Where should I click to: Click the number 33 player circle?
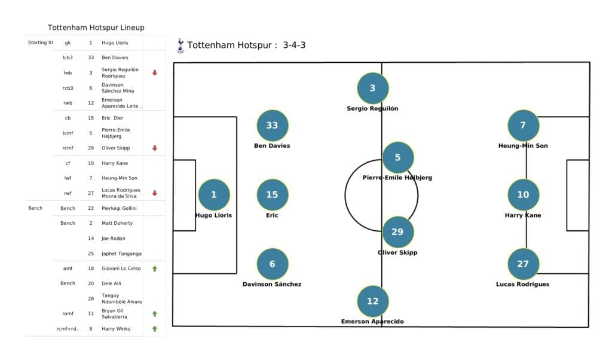tap(272, 126)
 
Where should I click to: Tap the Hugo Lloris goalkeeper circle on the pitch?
tap(213, 194)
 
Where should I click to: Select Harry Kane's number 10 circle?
tap(523, 194)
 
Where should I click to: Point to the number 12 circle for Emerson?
tap(372, 301)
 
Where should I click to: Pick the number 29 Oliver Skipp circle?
tap(397, 232)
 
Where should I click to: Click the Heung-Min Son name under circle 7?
tap(523, 145)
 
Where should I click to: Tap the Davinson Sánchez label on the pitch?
tap(272, 284)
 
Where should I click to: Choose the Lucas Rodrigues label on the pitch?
tap(523, 284)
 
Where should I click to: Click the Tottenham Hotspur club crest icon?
tap(180, 46)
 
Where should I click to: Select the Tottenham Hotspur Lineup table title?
tap(96, 28)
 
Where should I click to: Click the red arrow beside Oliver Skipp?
tap(155, 148)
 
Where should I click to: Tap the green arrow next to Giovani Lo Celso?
tap(155, 269)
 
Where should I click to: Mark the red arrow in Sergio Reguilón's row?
tap(155, 72)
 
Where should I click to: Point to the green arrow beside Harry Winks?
tap(155, 328)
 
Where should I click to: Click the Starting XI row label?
tap(41, 42)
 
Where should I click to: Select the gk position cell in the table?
tap(68, 42)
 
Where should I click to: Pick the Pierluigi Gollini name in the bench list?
tap(119, 208)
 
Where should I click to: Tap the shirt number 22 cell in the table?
tap(91, 208)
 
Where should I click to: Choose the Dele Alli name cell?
tap(111, 283)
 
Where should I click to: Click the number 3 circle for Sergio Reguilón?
tap(372, 88)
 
